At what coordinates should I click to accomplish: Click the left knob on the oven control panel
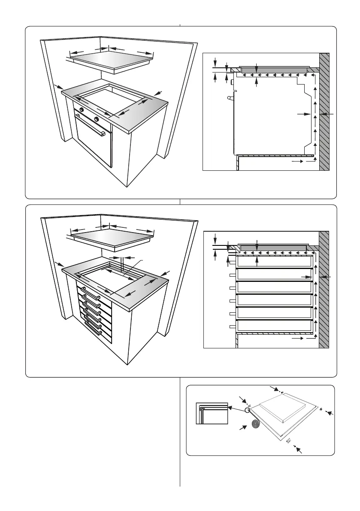pyautogui.click(x=81, y=110)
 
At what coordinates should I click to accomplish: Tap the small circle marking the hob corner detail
pyautogui.click(x=248, y=410)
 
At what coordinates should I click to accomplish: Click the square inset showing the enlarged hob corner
pyautogui.click(x=211, y=413)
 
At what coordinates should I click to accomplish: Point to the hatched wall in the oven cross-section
pyautogui.click(x=324, y=112)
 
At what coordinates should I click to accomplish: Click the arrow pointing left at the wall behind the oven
pyautogui.click(x=327, y=114)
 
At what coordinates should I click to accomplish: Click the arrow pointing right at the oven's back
pyautogui.click(x=304, y=114)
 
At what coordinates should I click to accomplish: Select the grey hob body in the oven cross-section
pyautogui.click(x=275, y=70)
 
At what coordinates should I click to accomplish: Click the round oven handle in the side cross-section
pyautogui.click(x=230, y=98)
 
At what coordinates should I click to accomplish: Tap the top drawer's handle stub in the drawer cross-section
pyautogui.click(x=233, y=261)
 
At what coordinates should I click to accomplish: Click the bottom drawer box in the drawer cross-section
pyautogui.click(x=274, y=326)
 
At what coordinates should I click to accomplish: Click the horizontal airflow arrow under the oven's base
pyautogui.click(x=299, y=162)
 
